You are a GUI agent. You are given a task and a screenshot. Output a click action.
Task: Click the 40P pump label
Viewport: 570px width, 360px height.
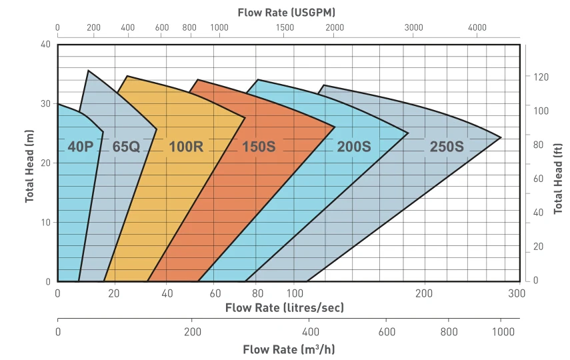click(x=81, y=147)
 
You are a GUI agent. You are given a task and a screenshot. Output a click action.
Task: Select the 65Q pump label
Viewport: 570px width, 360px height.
click(x=126, y=147)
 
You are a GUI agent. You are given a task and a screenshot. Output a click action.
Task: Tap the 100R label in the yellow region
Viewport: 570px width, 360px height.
click(x=186, y=147)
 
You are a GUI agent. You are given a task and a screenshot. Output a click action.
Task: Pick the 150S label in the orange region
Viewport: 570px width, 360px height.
click(x=259, y=147)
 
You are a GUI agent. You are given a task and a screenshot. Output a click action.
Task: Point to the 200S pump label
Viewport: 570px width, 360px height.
click(x=354, y=147)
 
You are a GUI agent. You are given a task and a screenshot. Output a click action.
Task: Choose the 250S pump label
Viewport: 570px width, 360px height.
click(x=447, y=147)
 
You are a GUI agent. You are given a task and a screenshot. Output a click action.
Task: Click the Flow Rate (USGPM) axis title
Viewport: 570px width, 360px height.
click(x=287, y=13)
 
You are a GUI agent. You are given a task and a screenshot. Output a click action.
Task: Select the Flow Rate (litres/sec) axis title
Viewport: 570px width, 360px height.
click(x=284, y=307)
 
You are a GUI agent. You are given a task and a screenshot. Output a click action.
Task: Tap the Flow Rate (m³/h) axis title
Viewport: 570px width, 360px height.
click(x=289, y=349)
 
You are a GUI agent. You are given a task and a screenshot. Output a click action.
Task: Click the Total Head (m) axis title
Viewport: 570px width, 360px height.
click(x=29, y=166)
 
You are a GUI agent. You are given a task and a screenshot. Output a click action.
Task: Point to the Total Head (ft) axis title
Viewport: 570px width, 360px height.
click(x=558, y=179)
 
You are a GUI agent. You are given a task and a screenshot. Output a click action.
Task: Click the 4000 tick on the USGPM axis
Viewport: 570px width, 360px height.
click(x=477, y=27)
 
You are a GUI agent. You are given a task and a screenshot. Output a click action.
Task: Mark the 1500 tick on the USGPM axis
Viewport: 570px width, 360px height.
click(x=285, y=27)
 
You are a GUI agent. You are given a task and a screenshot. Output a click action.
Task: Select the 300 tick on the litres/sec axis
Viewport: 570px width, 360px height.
click(x=517, y=293)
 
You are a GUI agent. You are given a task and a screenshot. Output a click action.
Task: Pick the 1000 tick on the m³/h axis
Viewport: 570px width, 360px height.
click(x=503, y=331)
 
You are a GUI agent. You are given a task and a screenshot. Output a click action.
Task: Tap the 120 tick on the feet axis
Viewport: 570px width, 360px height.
click(x=541, y=77)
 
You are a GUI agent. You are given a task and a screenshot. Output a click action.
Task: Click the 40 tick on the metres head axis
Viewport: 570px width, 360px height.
click(x=45, y=45)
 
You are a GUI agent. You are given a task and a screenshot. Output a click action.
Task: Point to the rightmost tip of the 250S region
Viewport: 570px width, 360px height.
click(x=501, y=137)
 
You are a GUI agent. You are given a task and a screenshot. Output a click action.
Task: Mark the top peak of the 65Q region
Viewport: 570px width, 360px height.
click(x=88, y=71)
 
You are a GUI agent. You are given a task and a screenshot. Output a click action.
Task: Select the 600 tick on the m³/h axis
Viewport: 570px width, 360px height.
click(x=387, y=331)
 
